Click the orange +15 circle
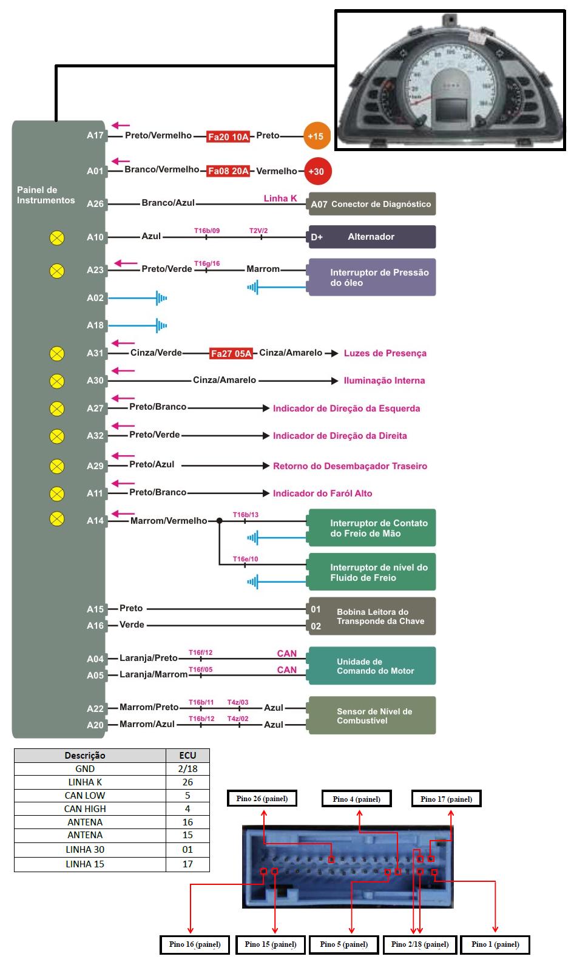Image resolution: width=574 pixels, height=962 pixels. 316,137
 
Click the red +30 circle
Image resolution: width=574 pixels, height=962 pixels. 316,171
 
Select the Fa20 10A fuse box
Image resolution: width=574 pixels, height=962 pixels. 228,137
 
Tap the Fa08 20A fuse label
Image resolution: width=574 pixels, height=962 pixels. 228,171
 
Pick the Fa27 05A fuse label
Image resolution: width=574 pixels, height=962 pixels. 231,354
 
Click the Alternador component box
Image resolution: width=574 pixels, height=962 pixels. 371,237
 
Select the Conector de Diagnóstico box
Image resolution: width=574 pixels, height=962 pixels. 371,204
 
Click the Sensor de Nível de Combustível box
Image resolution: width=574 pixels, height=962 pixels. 372,716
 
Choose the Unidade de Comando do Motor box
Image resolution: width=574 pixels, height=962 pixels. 372,666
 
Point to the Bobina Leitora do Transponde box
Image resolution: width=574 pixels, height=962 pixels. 372,617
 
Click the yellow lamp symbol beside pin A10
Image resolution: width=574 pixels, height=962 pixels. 56,238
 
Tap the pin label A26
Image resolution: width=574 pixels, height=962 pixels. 95,204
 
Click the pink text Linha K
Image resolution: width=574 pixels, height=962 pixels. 280,198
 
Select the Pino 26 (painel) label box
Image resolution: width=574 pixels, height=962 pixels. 262,799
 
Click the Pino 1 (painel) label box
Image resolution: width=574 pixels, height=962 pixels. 495,944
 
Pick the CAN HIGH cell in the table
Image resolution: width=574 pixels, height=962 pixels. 85,808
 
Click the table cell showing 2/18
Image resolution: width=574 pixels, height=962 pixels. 187,768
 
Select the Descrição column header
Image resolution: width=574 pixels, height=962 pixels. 85,756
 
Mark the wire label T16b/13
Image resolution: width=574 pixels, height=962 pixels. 245,515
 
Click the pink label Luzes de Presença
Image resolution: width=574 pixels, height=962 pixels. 385,353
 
